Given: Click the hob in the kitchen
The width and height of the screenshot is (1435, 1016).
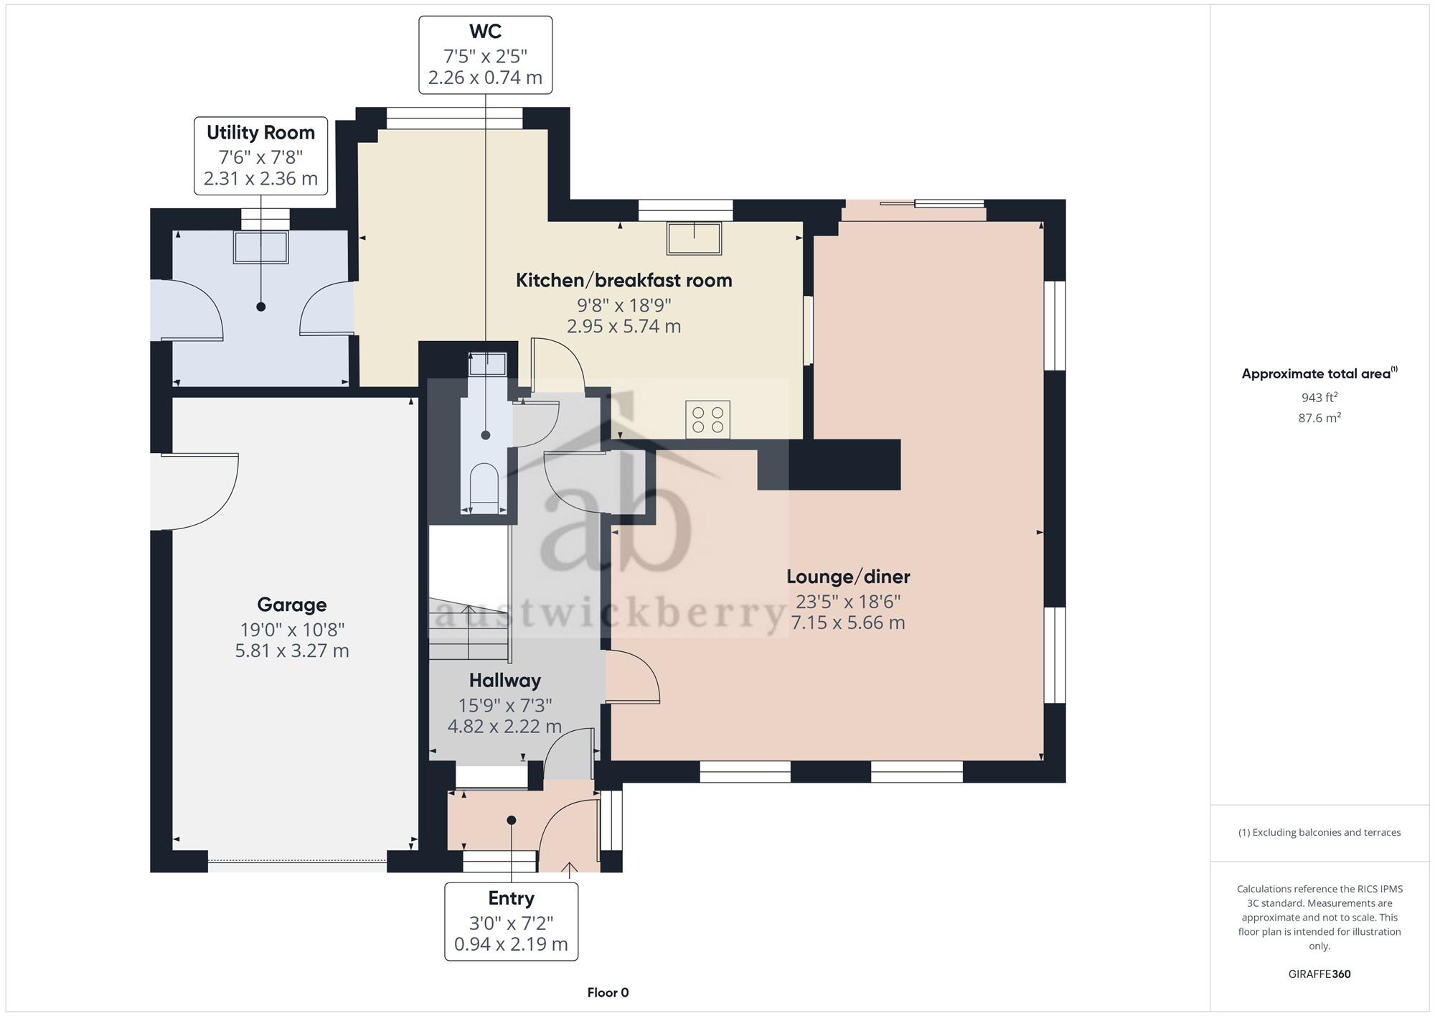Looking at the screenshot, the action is (707, 419).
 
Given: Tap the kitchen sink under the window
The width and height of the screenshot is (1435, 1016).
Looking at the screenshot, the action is (694, 238).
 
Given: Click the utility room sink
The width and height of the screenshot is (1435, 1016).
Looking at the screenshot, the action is (260, 247).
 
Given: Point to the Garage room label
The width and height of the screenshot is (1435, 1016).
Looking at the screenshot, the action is (292, 605).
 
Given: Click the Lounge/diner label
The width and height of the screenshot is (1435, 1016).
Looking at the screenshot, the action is (848, 577).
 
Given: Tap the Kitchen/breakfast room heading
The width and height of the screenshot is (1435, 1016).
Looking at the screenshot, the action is (624, 280).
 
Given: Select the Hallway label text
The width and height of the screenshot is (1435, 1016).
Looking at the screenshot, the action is (505, 680).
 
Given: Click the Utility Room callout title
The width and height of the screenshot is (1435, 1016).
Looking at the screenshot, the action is (260, 133).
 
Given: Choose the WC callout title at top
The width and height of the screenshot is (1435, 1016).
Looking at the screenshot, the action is (486, 32).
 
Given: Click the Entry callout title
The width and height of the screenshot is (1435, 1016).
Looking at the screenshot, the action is (512, 898).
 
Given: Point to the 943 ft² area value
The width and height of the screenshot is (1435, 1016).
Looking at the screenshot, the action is (1319, 397).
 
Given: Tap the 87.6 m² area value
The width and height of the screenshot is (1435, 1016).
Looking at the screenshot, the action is (1319, 417).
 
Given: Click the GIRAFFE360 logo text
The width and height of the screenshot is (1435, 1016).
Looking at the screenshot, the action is (1319, 974).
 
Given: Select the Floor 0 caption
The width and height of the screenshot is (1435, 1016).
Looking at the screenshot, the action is (608, 993).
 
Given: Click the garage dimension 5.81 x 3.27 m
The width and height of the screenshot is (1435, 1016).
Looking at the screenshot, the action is (292, 651).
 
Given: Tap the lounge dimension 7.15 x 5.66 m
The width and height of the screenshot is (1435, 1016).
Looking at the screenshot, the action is (848, 623).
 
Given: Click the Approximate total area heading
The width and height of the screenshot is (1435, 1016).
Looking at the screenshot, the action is (1319, 373).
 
